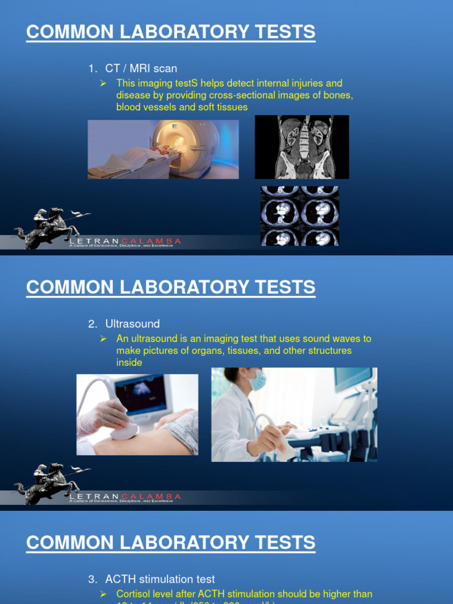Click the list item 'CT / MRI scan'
click(141, 69)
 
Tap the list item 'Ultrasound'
click(132, 324)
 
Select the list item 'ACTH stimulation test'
click(160, 579)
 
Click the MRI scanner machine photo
click(163, 149)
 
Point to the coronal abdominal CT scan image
click(301, 147)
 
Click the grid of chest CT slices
click(300, 216)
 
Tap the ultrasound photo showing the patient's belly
click(137, 415)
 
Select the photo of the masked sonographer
click(294, 415)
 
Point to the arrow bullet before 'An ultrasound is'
click(103, 339)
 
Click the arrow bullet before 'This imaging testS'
click(103, 83)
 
